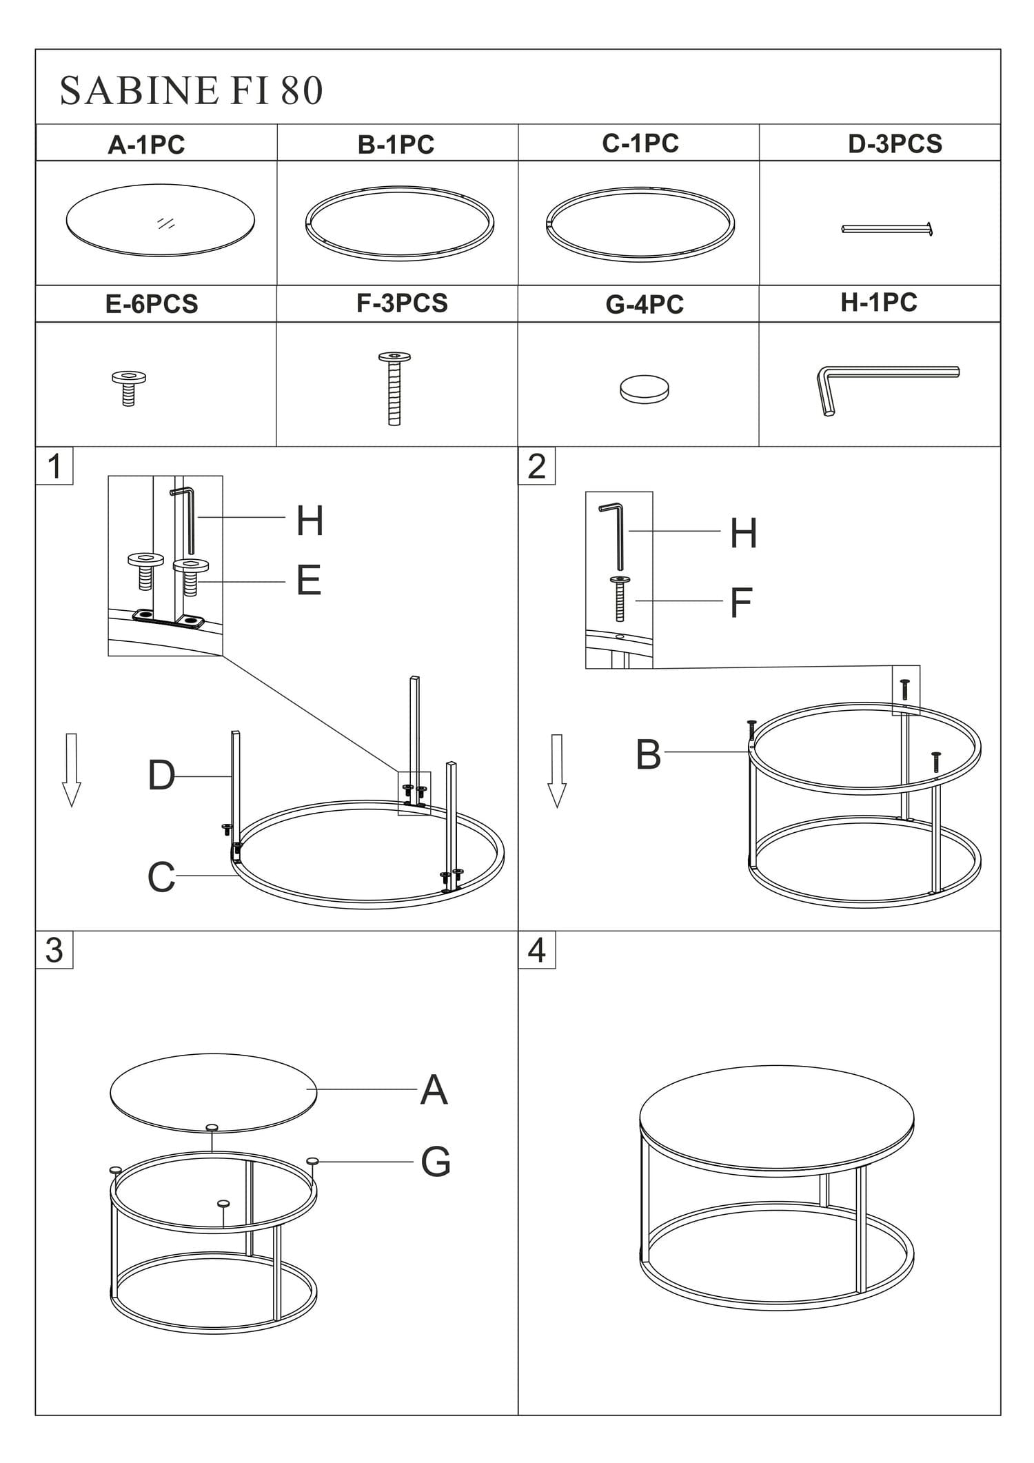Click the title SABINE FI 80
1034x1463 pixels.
[x=191, y=91]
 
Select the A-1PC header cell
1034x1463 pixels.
[x=146, y=145]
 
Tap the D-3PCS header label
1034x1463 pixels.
[x=894, y=144]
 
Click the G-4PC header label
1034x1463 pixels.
[x=644, y=304]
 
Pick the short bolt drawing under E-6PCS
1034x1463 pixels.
[x=128, y=387]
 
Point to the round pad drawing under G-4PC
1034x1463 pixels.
[x=644, y=389]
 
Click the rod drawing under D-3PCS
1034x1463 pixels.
[x=887, y=228]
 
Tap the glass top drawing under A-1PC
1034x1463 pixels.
[x=160, y=221]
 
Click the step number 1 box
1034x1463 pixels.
[x=54, y=466]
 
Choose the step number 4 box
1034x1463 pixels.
[x=536, y=950]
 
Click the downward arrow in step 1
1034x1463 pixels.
[x=71, y=769]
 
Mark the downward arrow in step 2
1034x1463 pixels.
[x=556, y=770]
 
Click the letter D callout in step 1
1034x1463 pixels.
[x=161, y=776]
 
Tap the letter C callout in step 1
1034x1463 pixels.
[x=161, y=877]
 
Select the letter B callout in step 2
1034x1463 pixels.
[x=648, y=754]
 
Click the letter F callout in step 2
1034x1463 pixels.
[x=740, y=603]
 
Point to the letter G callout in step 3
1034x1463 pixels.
[x=436, y=1162]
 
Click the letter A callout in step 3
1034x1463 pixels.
[x=434, y=1090]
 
